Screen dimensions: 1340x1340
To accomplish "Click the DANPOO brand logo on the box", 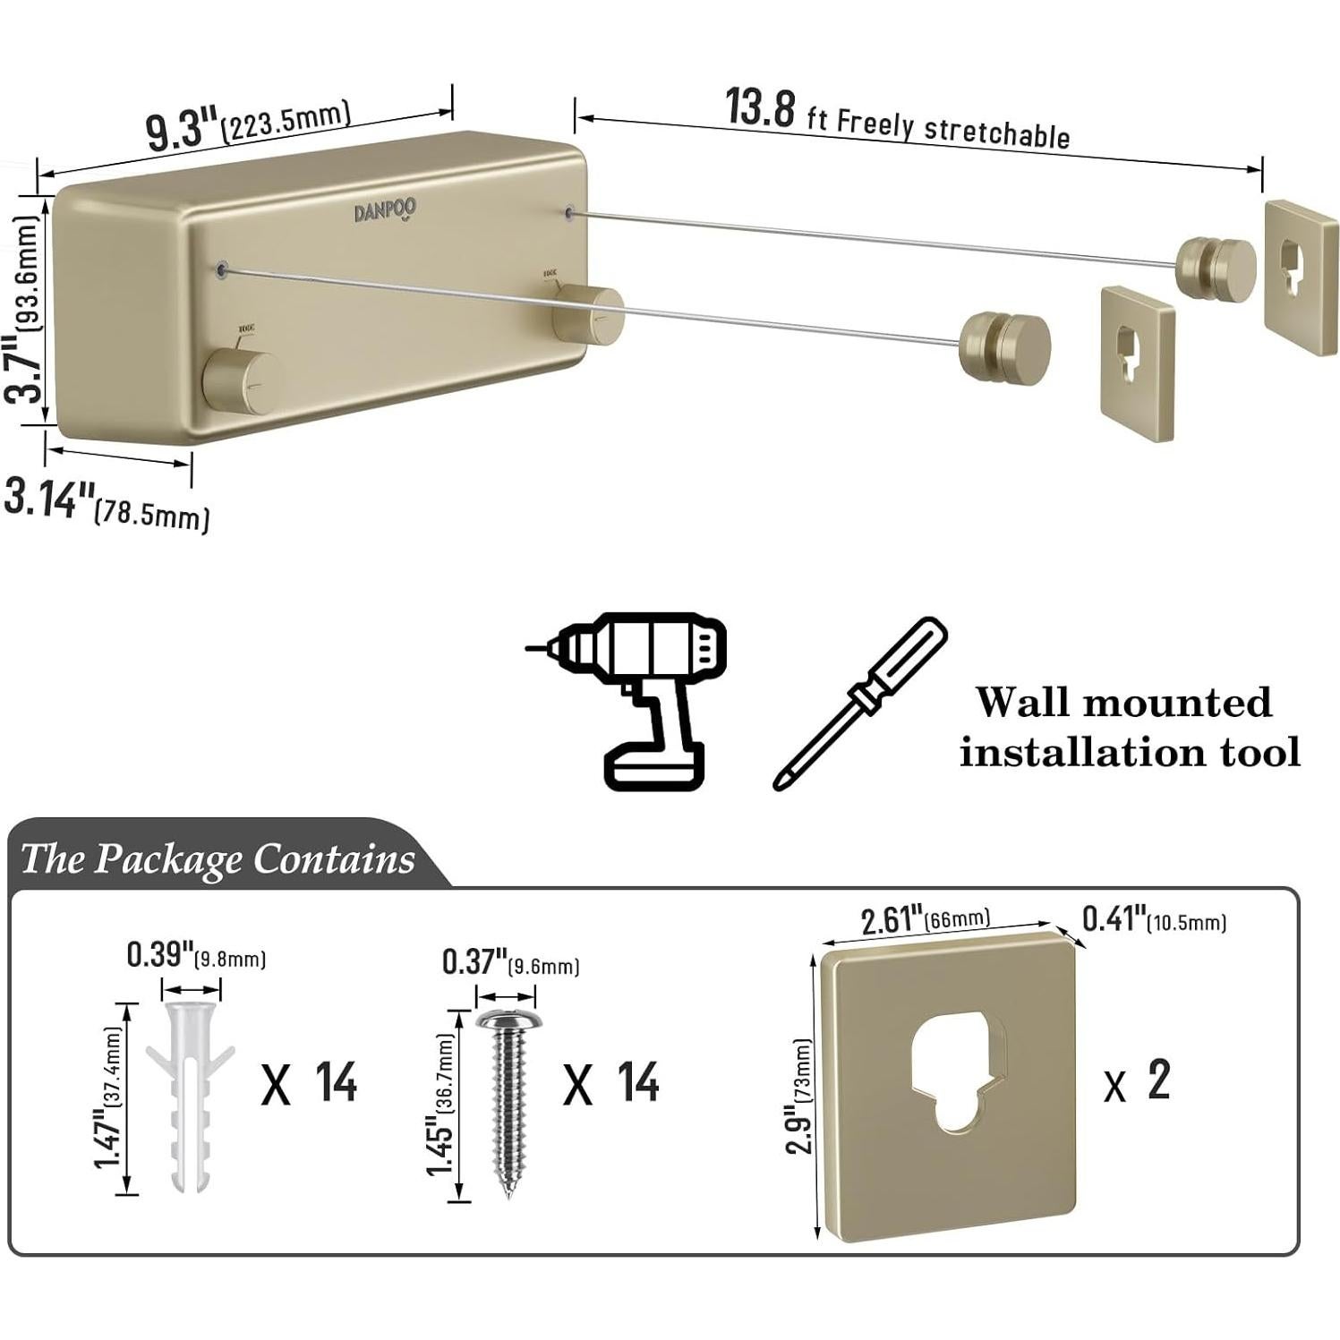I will click(x=385, y=211).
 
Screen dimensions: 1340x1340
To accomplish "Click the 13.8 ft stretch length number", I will click(x=759, y=108).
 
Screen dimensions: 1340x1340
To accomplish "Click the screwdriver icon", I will click(x=858, y=702).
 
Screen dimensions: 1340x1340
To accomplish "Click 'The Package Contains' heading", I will click(x=217, y=858).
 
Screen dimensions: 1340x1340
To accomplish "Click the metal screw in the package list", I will click(x=506, y=1101).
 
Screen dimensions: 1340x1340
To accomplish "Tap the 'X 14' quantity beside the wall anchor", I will click(x=310, y=1083).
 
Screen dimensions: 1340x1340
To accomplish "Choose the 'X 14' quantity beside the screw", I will click(x=611, y=1083).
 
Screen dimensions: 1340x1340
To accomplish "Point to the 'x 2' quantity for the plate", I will click(x=1137, y=1081).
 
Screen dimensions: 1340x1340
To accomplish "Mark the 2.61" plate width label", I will click(x=892, y=920).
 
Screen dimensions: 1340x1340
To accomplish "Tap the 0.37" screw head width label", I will click(x=475, y=963).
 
